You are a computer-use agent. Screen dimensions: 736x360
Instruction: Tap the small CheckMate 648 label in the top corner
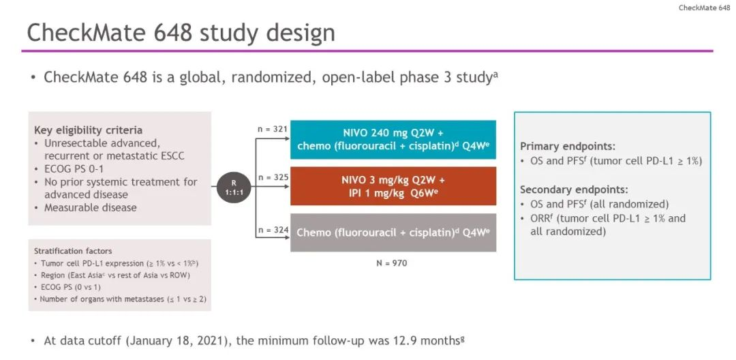(x=704, y=8)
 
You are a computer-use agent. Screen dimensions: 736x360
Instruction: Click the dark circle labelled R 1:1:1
(x=233, y=186)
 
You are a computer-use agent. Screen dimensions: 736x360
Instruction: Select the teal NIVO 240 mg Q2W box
(x=393, y=139)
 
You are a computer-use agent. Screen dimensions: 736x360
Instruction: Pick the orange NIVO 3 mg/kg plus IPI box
(x=393, y=186)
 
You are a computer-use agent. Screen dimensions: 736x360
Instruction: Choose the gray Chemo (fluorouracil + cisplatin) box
(x=393, y=232)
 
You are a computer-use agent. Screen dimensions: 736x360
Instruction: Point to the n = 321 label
(x=272, y=129)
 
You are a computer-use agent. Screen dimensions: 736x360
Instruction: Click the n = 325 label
(x=272, y=177)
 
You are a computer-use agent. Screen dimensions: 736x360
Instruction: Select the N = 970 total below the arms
(x=392, y=263)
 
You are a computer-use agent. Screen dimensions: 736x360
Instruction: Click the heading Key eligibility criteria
(x=88, y=130)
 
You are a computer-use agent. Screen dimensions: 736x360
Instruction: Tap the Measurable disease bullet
(x=86, y=207)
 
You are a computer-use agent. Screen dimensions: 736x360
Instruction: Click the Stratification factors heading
(x=73, y=251)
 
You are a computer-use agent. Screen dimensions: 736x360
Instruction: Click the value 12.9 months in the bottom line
(x=426, y=340)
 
